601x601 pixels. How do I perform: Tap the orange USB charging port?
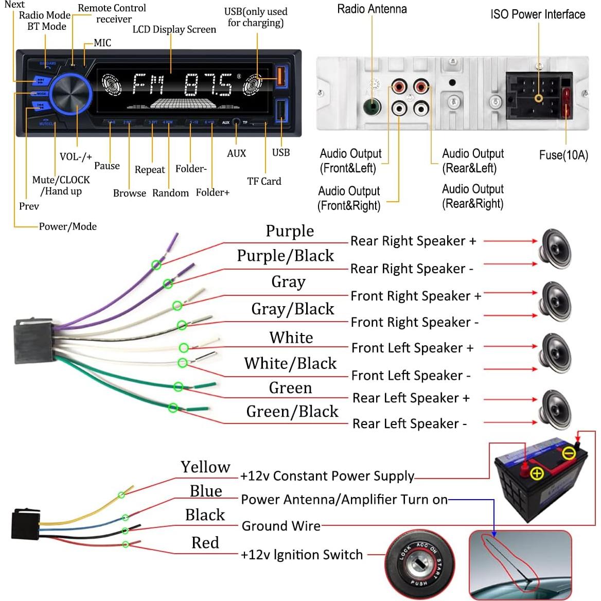280,76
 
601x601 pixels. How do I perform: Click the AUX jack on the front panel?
236,122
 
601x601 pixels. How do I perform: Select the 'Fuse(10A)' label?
563,155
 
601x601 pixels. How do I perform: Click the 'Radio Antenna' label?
372,9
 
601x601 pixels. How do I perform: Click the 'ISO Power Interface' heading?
538,14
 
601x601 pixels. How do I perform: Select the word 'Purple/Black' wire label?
285,256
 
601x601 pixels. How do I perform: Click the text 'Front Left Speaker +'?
412,348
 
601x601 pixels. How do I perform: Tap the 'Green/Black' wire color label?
292,412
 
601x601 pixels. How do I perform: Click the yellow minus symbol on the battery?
568,453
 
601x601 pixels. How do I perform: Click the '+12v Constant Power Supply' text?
327,476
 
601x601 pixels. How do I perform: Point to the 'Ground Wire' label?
281,526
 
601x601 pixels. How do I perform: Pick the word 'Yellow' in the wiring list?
205,467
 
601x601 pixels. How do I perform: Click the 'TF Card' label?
264,181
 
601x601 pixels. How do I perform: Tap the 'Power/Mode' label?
67,226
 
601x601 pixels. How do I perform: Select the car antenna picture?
520,564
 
